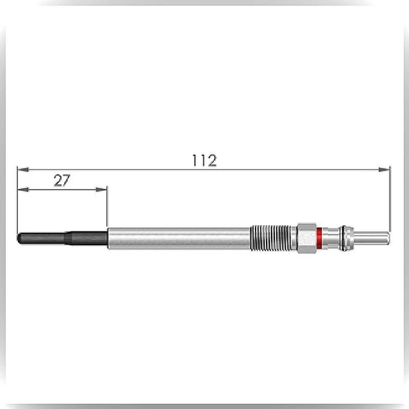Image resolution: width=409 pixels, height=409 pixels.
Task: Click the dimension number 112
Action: [204, 160]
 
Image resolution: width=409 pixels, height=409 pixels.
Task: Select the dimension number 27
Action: [61, 180]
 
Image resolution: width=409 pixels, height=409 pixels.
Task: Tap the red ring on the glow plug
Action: [319, 238]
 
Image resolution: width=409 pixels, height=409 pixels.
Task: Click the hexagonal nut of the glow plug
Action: [307, 238]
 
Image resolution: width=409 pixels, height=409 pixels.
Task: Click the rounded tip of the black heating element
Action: [19, 238]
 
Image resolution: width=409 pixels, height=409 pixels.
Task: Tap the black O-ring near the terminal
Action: [344, 238]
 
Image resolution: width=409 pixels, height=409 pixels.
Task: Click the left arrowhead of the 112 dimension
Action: [23, 169]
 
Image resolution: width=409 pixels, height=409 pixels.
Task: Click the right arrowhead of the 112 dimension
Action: [384, 169]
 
